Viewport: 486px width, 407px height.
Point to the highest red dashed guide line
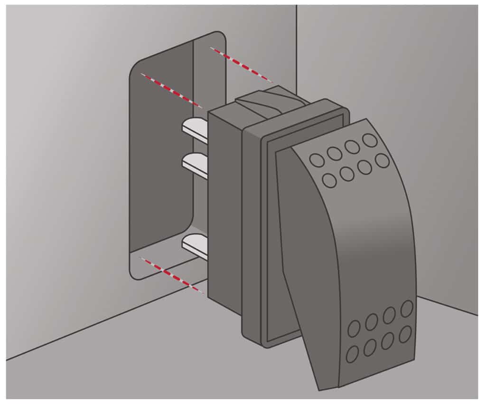[241, 64]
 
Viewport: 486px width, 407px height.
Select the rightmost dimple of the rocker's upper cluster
[382, 161]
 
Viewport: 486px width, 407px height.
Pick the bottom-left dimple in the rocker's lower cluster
[353, 354]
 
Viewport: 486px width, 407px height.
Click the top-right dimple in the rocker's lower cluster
[406, 308]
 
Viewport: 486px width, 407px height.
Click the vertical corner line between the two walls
[297, 48]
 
